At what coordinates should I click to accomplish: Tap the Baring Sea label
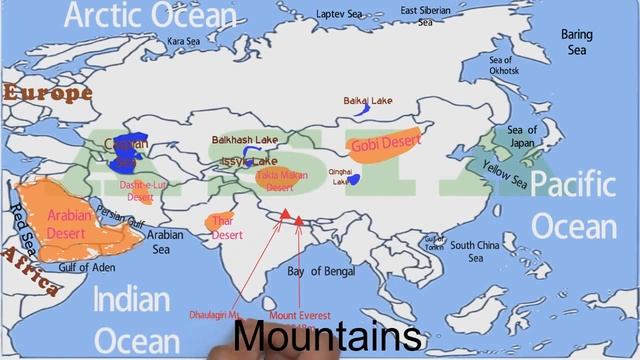click(577, 42)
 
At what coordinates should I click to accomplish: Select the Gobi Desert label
click(386, 144)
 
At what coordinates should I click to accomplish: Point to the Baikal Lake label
click(368, 101)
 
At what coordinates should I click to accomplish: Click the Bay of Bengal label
click(321, 271)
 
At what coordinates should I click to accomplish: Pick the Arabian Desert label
click(69, 222)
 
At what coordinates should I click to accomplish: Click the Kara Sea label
click(183, 41)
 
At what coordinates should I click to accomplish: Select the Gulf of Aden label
click(87, 269)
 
